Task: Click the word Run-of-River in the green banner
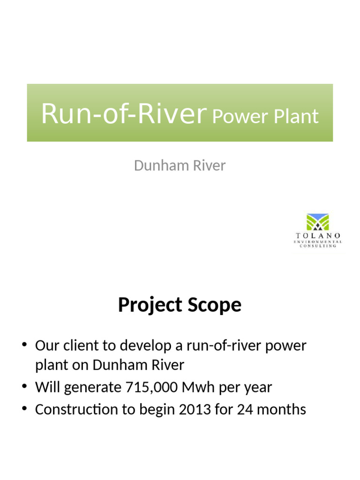pyautogui.click(x=124, y=113)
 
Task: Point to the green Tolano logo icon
pyautogui.click(x=317, y=222)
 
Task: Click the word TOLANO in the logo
pyautogui.click(x=317, y=235)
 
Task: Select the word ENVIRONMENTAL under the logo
pyautogui.click(x=317, y=241)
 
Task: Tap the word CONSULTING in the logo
pyautogui.click(x=317, y=246)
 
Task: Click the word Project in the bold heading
pyautogui.click(x=150, y=306)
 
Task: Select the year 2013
pyautogui.click(x=195, y=409)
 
